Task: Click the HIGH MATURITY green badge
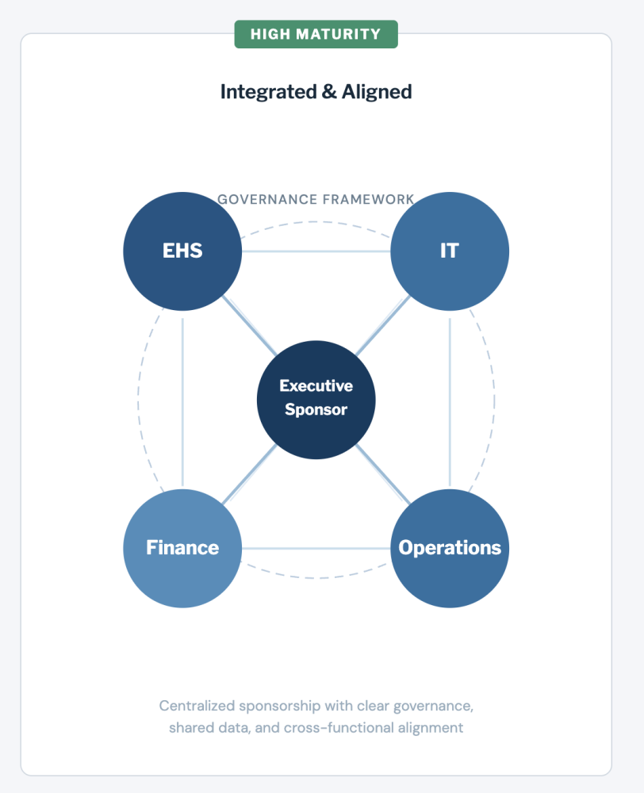316,34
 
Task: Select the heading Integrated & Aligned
316,91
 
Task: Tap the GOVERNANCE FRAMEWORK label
316,199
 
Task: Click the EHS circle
182,251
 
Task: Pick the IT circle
450,251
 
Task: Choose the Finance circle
182,548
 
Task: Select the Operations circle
450,548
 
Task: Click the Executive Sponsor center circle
316,399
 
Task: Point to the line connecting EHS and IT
316,251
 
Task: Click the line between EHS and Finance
182,400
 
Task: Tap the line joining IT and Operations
450,400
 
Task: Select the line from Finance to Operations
316,548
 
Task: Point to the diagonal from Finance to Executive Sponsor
249,474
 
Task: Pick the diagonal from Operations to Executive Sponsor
383,474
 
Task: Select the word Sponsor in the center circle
316,409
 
